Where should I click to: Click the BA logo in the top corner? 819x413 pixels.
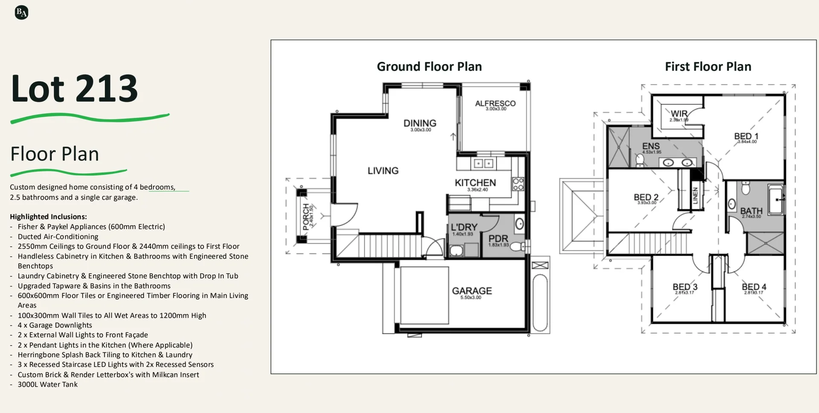[21, 13]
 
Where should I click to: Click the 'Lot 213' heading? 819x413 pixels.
[74, 89]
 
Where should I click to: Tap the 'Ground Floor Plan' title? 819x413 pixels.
[429, 67]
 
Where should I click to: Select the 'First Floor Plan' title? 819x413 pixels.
[708, 67]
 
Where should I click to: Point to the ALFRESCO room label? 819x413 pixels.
[495, 104]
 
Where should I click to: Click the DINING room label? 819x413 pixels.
[420, 123]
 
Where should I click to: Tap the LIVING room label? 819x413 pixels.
[383, 171]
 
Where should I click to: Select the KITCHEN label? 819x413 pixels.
[475, 183]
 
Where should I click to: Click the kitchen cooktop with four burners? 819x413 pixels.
[518, 184]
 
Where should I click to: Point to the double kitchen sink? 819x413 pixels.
[483, 163]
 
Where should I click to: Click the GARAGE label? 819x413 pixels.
[472, 291]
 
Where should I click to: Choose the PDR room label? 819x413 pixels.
[498, 238]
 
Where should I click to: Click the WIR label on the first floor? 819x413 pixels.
[679, 114]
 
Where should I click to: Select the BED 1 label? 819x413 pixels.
[746, 137]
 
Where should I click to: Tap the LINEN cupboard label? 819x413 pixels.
[695, 195]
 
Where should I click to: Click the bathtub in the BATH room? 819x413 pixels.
[776, 199]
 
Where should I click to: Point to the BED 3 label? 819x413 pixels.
[685, 287]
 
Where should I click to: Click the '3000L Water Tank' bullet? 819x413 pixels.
[47, 384]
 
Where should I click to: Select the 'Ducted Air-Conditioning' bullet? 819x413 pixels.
[58, 237]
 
